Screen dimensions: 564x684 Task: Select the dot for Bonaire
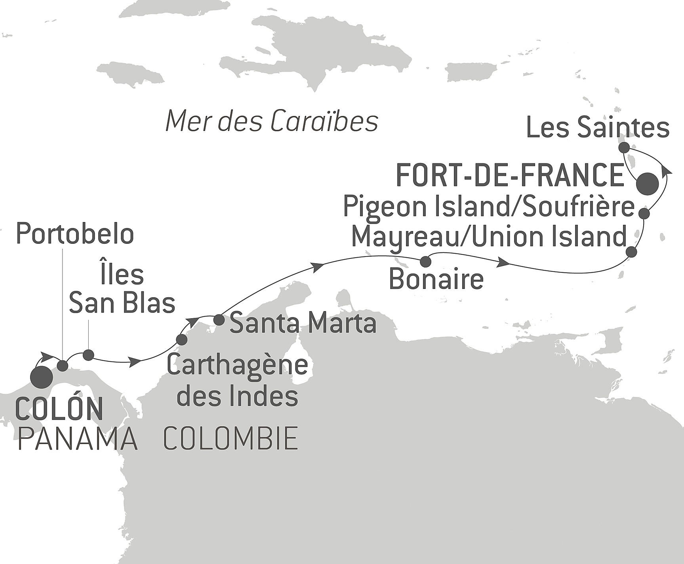click(x=425, y=262)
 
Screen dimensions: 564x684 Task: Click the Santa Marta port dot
click(x=219, y=319)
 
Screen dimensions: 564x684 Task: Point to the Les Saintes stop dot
click(x=624, y=148)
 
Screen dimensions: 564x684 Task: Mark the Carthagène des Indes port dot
click(x=181, y=340)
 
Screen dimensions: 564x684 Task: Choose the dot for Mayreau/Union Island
click(x=631, y=252)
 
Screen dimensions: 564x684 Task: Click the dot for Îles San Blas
click(x=88, y=355)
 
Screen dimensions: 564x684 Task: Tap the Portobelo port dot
click(x=63, y=366)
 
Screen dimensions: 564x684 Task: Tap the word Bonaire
click(x=436, y=279)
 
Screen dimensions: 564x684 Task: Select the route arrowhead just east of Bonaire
click(x=504, y=262)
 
